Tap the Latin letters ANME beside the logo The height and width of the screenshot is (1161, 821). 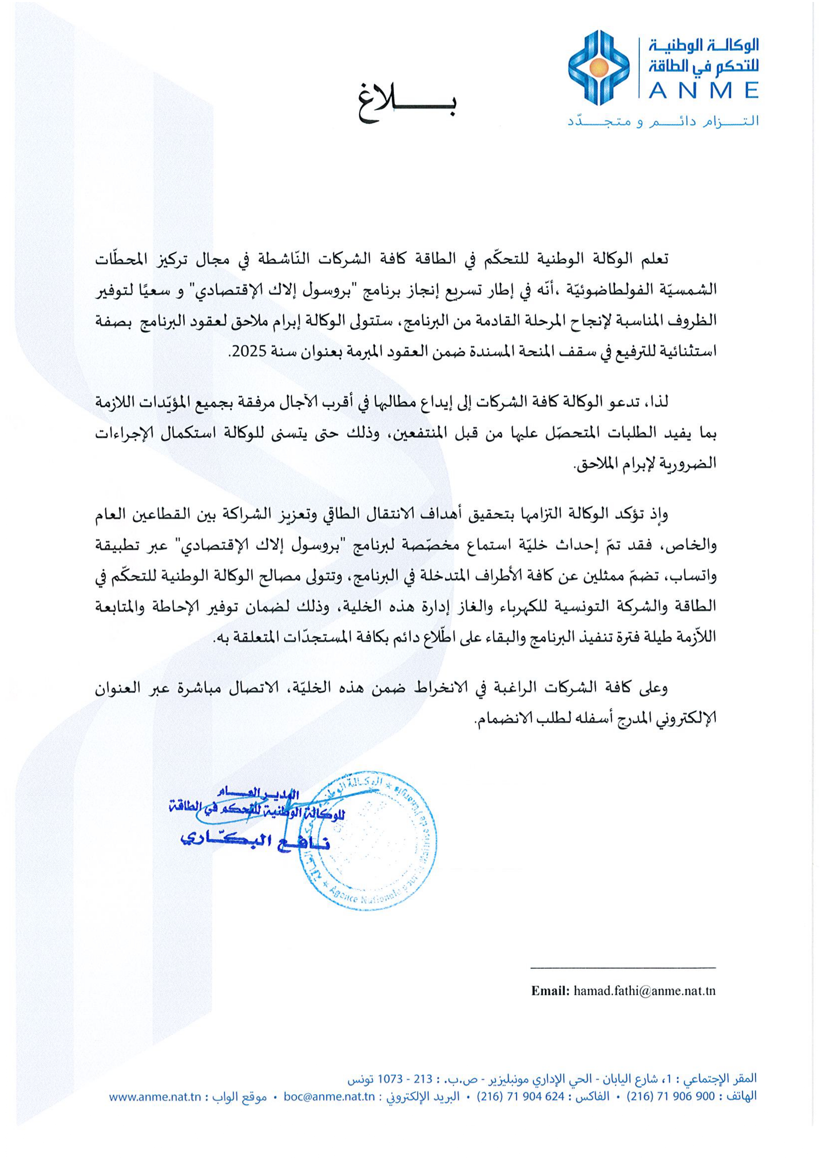[703, 91]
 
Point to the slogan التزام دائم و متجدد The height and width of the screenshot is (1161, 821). [663, 122]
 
